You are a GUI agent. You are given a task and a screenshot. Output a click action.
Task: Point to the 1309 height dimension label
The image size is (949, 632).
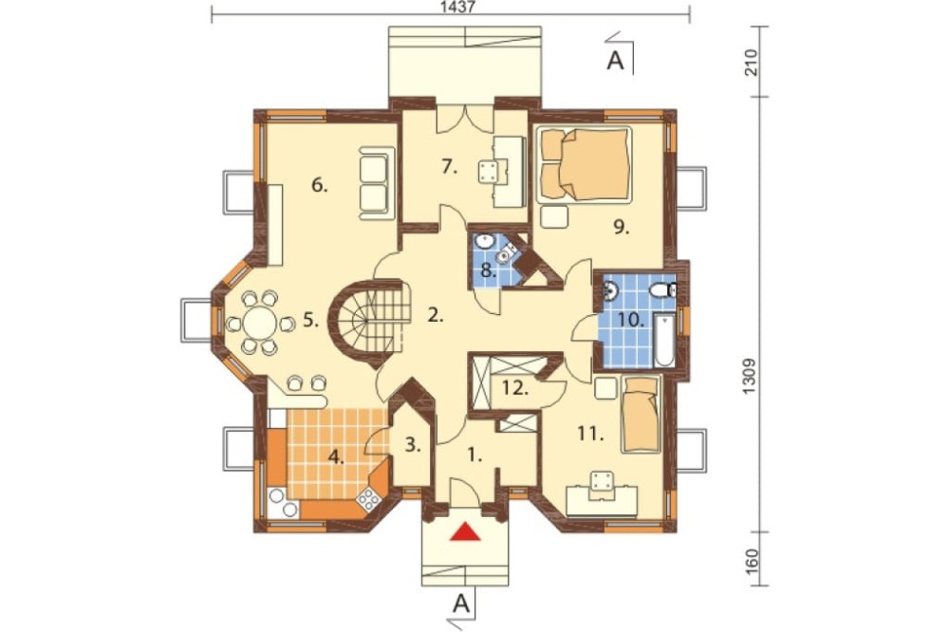coord(750,377)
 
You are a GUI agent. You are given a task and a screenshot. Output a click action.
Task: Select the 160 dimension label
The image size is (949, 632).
coord(750,561)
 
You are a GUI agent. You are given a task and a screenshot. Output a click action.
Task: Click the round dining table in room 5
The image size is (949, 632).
coord(260,324)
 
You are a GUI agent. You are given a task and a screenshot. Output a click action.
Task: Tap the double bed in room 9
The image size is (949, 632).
coord(585,165)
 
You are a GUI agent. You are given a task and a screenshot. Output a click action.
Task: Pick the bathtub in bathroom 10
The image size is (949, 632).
coord(664,341)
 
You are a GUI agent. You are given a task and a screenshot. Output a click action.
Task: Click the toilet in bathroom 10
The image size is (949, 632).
coord(661,291)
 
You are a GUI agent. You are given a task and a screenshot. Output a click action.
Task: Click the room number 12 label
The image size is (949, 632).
coord(515,388)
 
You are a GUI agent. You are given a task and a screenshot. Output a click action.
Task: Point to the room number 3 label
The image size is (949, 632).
coord(413,446)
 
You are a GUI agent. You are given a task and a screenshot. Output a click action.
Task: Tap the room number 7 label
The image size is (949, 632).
coord(449,166)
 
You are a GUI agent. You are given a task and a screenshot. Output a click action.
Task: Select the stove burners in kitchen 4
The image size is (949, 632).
coord(368,499)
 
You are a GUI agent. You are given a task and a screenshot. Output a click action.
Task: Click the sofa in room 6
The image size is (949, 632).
coord(374,184)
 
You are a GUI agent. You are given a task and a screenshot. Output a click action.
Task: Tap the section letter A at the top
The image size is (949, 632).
coord(615,61)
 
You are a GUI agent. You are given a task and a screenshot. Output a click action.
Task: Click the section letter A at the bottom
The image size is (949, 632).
coord(461,603)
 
